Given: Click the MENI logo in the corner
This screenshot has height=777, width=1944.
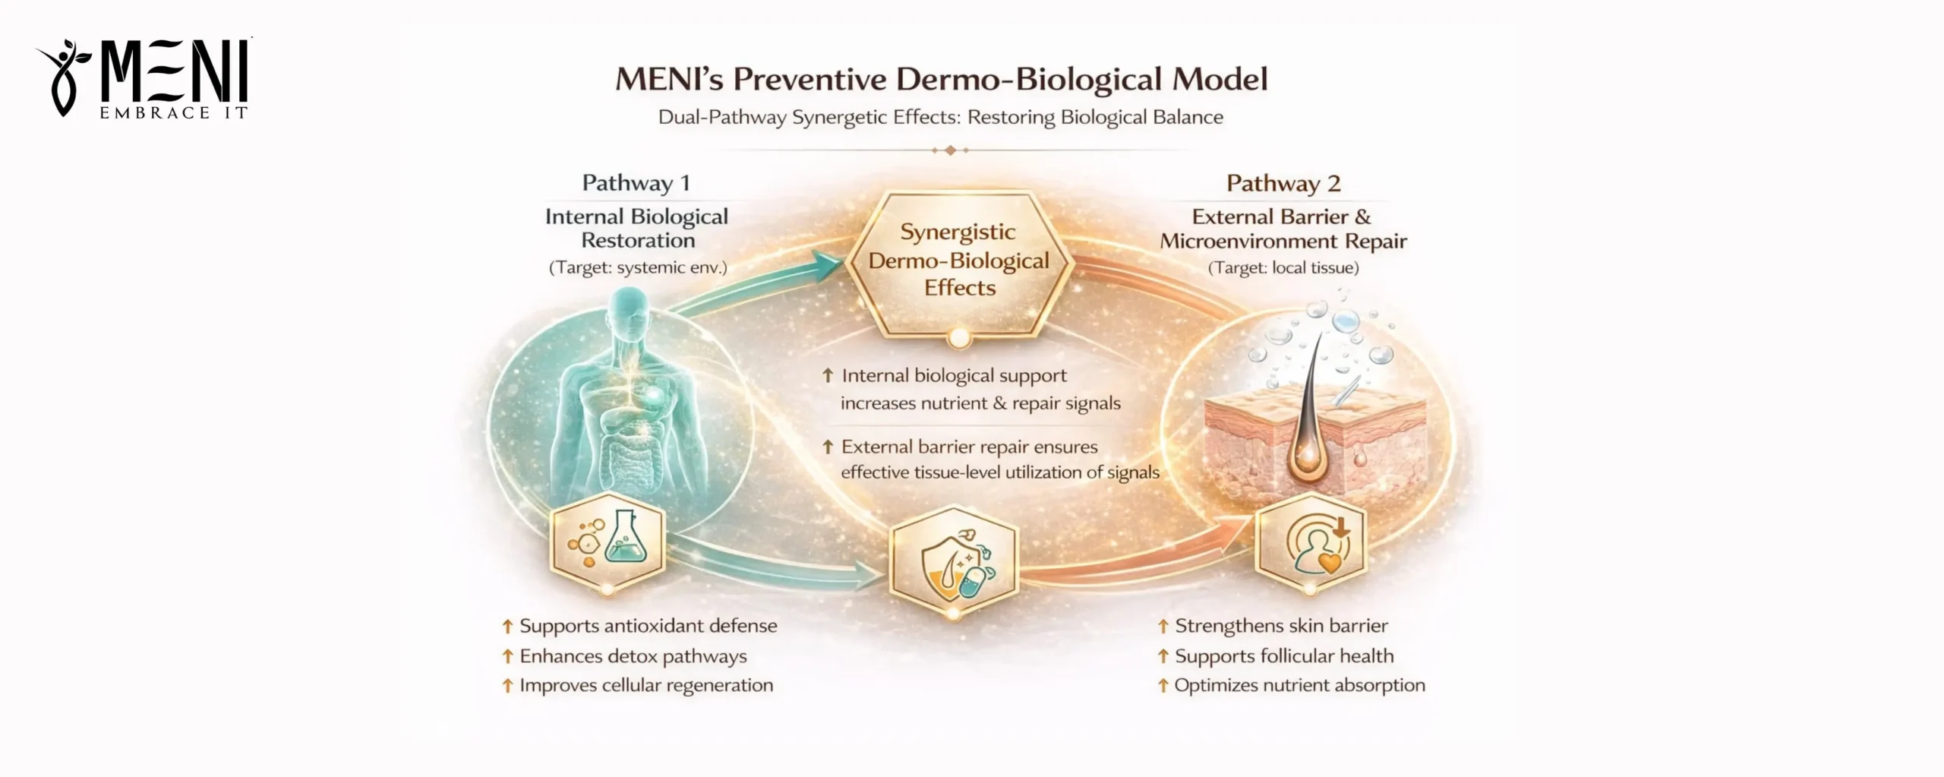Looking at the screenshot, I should pos(144,79).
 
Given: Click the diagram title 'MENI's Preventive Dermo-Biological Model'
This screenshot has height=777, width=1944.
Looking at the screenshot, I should pos(941,80).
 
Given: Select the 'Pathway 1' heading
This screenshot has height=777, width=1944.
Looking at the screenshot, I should pos(636,183).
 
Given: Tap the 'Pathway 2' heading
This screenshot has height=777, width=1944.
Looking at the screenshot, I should pos(1283,183).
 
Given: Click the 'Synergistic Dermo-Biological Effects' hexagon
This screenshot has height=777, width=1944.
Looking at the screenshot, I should pos(958,261).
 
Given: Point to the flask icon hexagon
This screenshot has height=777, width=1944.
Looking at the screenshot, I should pos(607,541).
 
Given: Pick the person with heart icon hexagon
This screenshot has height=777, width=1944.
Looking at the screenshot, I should pos(1311,542).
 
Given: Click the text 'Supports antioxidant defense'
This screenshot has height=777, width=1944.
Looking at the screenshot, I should pos(648,626).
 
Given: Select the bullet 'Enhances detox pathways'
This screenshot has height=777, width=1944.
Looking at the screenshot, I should pos(633,656).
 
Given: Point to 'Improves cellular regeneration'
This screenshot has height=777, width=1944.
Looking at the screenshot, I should pos(645,685).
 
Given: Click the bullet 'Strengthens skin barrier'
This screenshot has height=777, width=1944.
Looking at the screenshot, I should pos(1281,626).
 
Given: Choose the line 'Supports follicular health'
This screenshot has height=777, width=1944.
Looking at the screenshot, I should pos(1284,656).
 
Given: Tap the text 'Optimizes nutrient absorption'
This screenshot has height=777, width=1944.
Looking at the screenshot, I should pos(1299,685).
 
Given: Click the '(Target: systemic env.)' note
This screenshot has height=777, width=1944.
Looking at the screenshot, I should pos(638,267).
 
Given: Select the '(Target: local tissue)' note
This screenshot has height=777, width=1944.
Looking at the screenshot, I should pos(1283,267).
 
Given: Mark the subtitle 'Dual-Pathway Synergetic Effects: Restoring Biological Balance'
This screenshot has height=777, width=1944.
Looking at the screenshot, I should pos(941,118).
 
